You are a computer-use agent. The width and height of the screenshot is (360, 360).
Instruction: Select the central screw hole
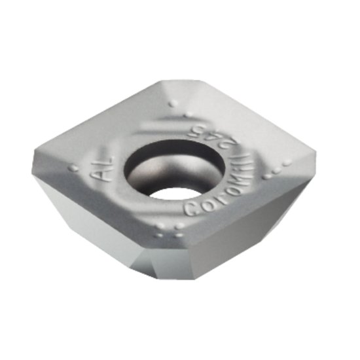pos(174,168)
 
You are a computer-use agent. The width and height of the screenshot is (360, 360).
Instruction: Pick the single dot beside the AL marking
pos(75,168)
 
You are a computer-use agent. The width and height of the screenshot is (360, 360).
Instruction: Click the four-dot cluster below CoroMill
pos(170,230)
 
